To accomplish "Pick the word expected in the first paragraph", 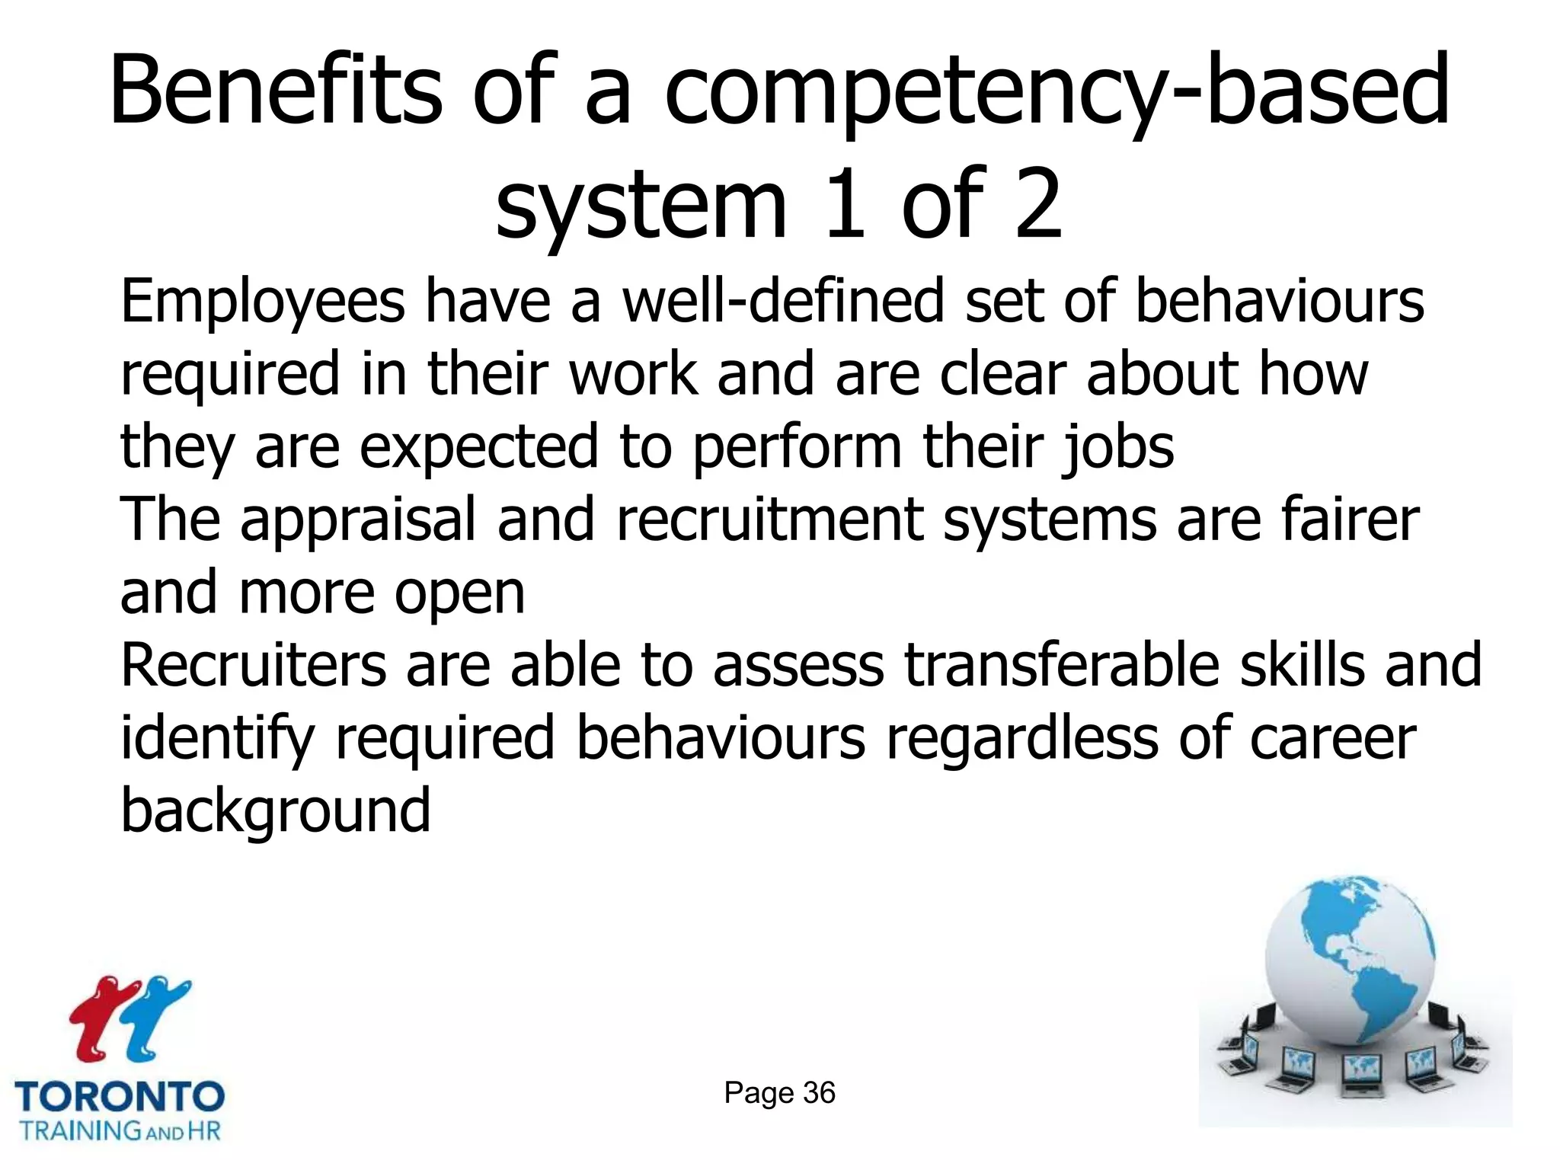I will pos(478,448).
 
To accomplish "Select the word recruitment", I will pos(769,520).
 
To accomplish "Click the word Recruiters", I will pos(254,665).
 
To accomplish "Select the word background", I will pos(276,812).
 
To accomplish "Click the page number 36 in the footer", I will pos(818,1093).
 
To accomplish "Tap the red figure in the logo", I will pos(102,1017).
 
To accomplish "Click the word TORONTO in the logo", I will pos(120,1098).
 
